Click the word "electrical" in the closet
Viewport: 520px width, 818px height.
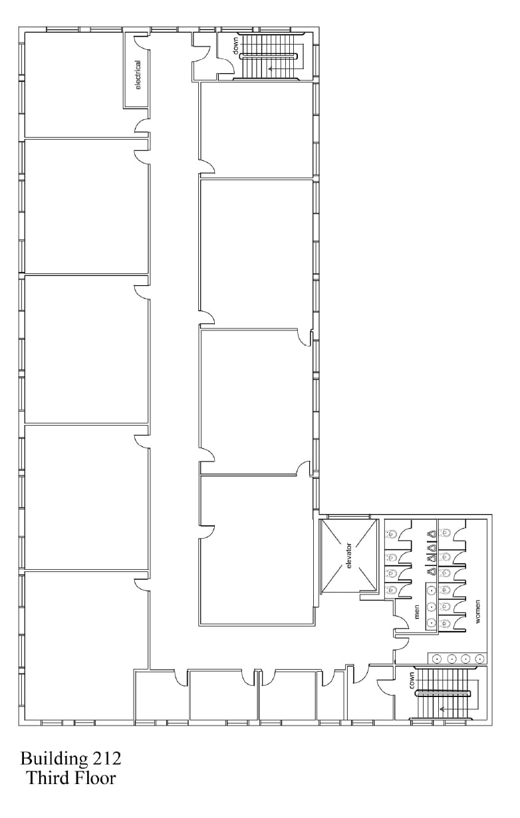pyautogui.click(x=138, y=74)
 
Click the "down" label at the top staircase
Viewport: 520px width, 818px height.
pyautogui.click(x=235, y=45)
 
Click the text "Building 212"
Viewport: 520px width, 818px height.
pyautogui.click(x=70, y=758)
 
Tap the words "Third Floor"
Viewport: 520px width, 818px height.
pyautogui.click(x=70, y=778)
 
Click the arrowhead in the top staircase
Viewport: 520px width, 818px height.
pyautogui.click(x=271, y=68)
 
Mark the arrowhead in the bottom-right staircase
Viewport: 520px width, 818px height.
pyautogui.click(x=442, y=709)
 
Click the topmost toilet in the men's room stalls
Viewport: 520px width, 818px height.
pyautogui.click(x=391, y=534)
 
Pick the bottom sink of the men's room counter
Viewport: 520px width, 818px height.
pyautogui.click(x=432, y=623)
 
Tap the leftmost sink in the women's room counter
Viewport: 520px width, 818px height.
pyautogui.click(x=437, y=659)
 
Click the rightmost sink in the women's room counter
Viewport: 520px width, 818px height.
pyautogui.click(x=479, y=659)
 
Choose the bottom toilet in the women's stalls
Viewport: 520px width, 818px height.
pyautogui.click(x=445, y=623)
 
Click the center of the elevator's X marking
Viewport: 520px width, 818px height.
pyautogui.click(x=348, y=556)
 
